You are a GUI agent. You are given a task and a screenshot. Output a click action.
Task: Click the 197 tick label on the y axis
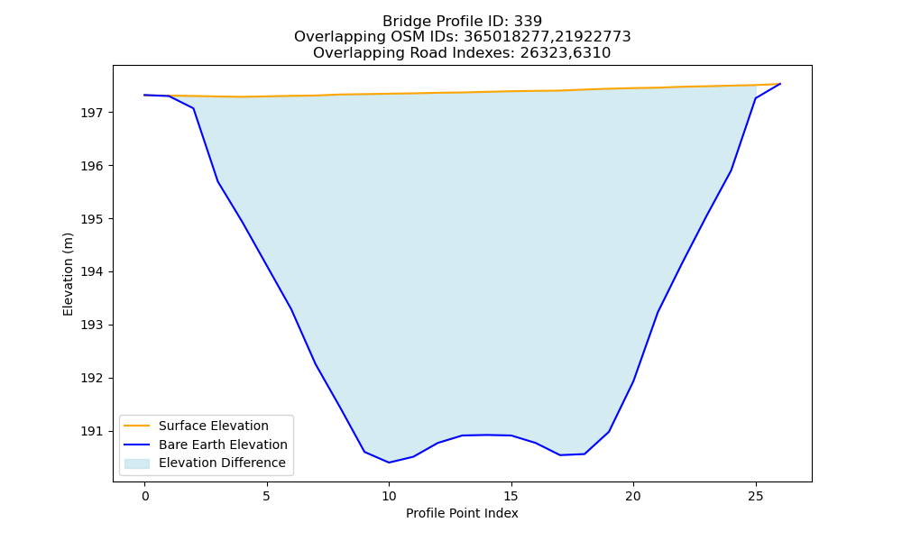pyautogui.click(x=91, y=113)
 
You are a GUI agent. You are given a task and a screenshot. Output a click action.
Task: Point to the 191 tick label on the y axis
pyautogui.click(x=91, y=431)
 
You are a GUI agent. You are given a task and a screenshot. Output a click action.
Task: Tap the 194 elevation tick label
pyautogui.click(x=91, y=272)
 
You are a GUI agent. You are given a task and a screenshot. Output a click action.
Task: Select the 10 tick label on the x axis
pyautogui.click(x=389, y=496)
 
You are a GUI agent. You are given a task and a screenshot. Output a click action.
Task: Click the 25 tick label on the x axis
pyautogui.click(x=755, y=496)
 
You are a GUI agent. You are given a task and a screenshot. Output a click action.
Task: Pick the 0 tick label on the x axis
pyautogui.click(x=144, y=496)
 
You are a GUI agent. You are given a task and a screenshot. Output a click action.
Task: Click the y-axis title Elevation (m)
pyautogui.click(x=68, y=274)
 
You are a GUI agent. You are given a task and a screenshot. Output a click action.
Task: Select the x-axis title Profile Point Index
pyautogui.click(x=462, y=513)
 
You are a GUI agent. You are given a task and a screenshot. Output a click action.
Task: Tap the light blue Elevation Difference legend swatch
pyautogui.click(x=137, y=463)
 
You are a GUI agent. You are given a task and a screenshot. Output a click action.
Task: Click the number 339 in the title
pyautogui.click(x=528, y=22)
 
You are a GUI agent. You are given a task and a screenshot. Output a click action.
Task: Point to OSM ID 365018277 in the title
pyautogui.click(x=507, y=37)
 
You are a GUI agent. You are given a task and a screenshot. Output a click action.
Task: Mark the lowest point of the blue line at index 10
pyautogui.click(x=389, y=463)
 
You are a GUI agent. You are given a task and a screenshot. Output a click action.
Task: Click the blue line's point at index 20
pyautogui.click(x=633, y=381)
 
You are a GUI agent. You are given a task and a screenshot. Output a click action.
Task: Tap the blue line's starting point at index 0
pyautogui.click(x=144, y=95)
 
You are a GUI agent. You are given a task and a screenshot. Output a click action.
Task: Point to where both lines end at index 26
pyautogui.click(x=780, y=84)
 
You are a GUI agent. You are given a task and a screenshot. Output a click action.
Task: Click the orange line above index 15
pyautogui.click(x=511, y=91)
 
